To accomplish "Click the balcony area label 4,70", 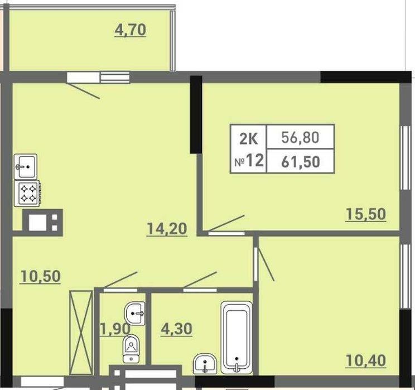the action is click(x=130, y=30).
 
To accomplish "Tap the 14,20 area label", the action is click(x=167, y=229).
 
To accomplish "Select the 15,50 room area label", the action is click(x=366, y=214).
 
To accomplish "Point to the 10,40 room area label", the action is click(x=366, y=360).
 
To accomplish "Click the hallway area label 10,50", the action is click(x=40, y=276).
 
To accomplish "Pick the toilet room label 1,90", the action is click(x=115, y=329).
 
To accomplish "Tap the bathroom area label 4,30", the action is click(x=176, y=329).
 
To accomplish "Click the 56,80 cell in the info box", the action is click(x=300, y=137).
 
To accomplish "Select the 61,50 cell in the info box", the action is click(x=301, y=162).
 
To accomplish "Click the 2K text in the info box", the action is click(x=249, y=138).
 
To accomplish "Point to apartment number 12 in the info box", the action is click(x=255, y=161).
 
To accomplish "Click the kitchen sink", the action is click(x=26, y=167).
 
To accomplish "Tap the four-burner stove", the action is click(x=27, y=194).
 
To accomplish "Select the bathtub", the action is click(x=237, y=338).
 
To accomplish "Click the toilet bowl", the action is click(x=131, y=348).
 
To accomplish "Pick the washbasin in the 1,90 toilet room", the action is click(x=135, y=314).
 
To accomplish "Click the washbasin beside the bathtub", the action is click(x=205, y=364).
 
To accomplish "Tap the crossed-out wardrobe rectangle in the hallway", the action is click(x=81, y=333).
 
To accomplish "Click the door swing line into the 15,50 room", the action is click(x=226, y=223).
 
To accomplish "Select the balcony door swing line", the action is click(x=83, y=90).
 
